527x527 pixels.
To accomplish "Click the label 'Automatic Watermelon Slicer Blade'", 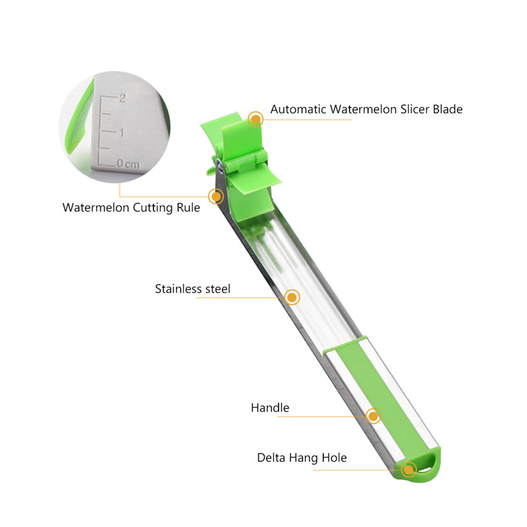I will pos(366,109).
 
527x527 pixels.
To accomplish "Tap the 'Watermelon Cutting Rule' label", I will pos(131,208).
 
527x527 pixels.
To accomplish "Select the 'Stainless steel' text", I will pos(192,289).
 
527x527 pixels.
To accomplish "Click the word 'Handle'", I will pos(269,408).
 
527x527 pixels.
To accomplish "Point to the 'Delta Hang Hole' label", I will pos(302,458).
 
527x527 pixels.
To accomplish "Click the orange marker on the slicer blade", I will pos(256,119).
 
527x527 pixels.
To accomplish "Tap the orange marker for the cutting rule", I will pos(215,196).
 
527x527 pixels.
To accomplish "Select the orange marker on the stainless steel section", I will pos(292,297).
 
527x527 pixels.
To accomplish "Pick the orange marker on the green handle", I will pos(374,416).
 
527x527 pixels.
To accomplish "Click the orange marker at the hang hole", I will pos(409,469).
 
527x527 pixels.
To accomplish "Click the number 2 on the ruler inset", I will pos(122,98).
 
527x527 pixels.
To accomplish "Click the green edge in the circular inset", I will pos(74,125).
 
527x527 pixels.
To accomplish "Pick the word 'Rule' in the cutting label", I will pos(188,208).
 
